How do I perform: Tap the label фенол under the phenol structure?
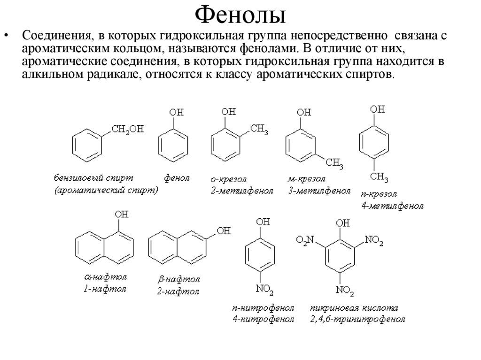pos(177,178)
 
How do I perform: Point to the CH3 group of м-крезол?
pos(335,163)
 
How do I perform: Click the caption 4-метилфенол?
pos(392,206)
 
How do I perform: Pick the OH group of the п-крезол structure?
pos(377,109)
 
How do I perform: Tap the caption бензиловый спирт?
pos(93,178)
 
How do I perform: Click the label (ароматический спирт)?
pos(106,191)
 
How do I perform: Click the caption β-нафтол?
pos(178,279)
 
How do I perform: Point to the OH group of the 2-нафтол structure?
pos(224,231)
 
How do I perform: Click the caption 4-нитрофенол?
pos(263,320)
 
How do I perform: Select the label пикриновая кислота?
pos(354,308)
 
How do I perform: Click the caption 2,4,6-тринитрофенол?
pos(357,320)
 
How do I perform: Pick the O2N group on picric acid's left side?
pos(304,241)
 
